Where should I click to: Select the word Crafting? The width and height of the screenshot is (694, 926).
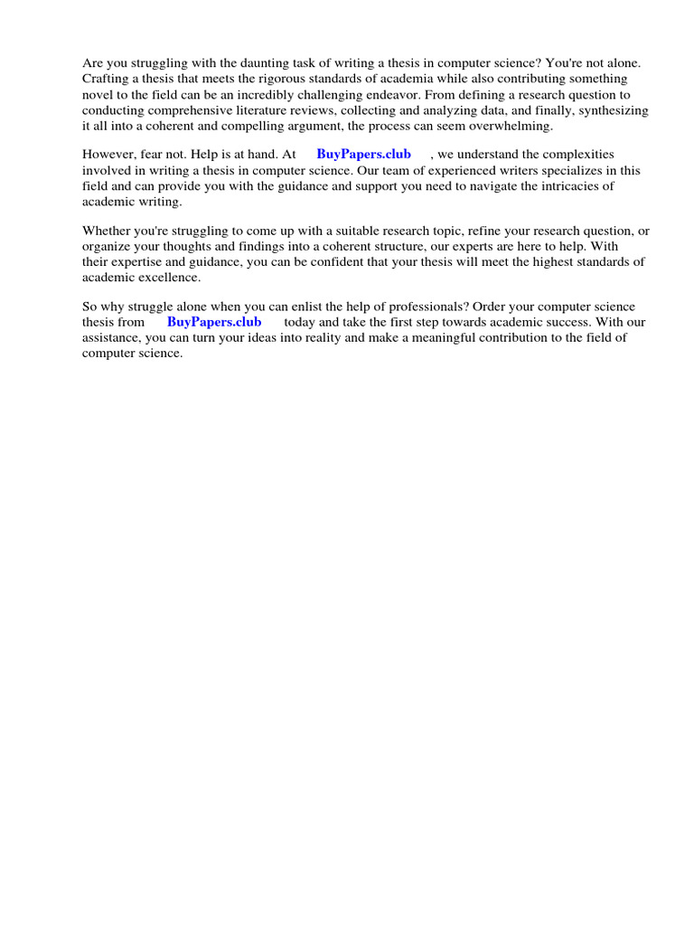pos(107,80)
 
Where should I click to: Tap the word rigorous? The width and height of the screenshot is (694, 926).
pos(263,80)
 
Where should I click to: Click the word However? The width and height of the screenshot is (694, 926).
pos(109,155)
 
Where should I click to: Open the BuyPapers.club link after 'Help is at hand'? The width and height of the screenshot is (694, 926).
pos(363,155)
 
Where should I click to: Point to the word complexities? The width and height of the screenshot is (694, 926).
pos(574,155)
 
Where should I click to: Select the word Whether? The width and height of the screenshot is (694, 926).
pos(108,231)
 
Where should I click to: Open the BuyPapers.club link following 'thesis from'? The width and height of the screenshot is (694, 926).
pos(214,322)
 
